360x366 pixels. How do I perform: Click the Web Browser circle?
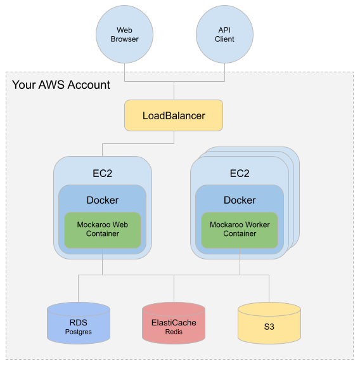(x=124, y=34)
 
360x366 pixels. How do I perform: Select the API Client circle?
(x=224, y=34)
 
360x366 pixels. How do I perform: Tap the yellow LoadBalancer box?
(x=174, y=115)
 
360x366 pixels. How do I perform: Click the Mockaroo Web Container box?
(x=103, y=230)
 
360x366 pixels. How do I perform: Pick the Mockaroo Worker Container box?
(x=240, y=230)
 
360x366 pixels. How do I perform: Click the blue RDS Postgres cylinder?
(x=79, y=324)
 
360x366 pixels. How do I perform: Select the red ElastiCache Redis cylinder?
(x=174, y=324)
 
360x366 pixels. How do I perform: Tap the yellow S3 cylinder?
(x=269, y=324)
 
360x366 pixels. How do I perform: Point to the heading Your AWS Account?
(x=61, y=85)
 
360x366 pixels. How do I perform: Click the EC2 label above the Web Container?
(x=103, y=173)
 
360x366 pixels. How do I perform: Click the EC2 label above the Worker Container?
(x=240, y=173)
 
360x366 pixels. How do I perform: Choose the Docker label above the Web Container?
(x=103, y=200)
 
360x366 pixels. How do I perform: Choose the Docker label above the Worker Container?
(x=240, y=200)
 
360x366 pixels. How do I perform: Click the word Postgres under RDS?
(x=79, y=332)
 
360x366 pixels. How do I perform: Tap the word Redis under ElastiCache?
(x=174, y=332)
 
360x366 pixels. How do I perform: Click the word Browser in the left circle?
(x=124, y=39)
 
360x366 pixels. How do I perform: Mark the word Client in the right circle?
(x=224, y=39)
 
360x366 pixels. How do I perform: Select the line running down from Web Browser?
(x=124, y=72)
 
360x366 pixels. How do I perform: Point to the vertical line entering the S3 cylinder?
(x=269, y=289)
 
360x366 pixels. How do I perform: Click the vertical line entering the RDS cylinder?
(x=79, y=289)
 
